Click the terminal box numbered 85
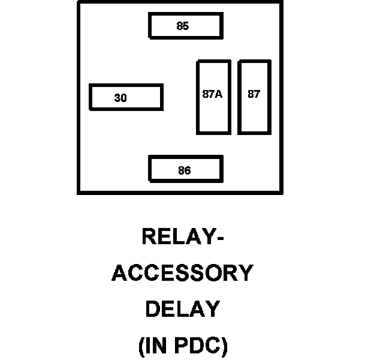(186, 26)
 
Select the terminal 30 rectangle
(126, 98)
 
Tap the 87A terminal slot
(213, 97)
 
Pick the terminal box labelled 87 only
(254, 97)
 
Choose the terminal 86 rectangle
(186, 169)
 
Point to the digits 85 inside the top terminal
(183, 26)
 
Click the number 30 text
(120, 98)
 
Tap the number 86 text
(184, 171)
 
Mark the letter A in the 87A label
(219, 94)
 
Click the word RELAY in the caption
(177, 237)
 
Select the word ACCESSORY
(183, 274)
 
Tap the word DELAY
(183, 310)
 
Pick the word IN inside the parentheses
(158, 346)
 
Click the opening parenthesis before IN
(141, 347)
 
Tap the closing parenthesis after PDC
(225, 347)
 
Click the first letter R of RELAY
(149, 237)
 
